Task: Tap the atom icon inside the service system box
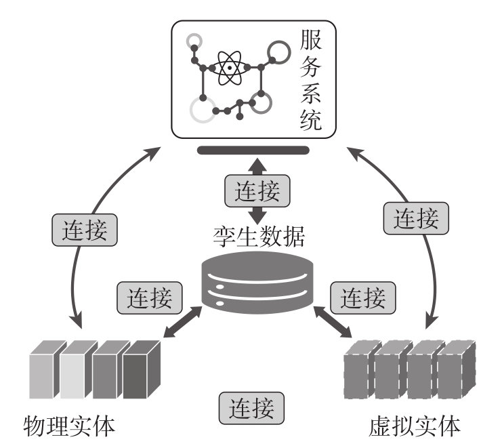[x=230, y=68]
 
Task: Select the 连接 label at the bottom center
[x=251, y=408]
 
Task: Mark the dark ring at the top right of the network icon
[x=278, y=50]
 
